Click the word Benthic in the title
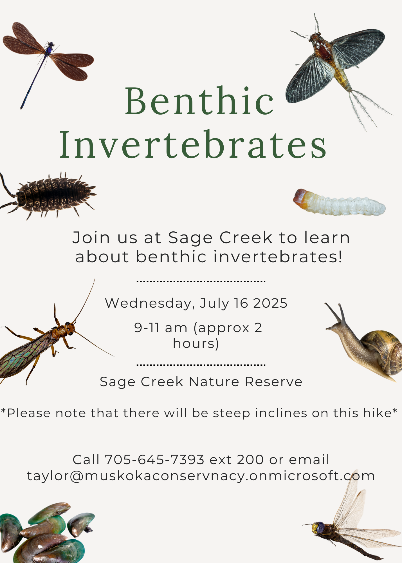click(199, 101)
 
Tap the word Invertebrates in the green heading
click(193, 144)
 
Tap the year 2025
click(270, 303)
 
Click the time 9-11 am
click(161, 328)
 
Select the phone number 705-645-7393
click(154, 460)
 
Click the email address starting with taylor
click(201, 476)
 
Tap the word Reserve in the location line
click(273, 382)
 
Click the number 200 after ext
click(250, 460)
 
